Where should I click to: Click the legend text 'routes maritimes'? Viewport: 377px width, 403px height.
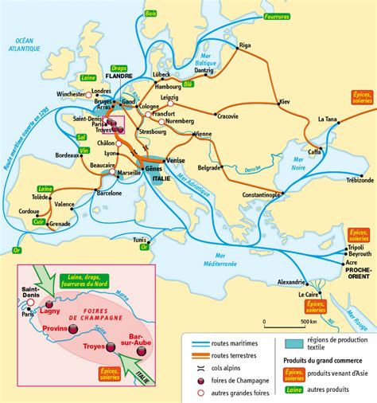(231, 341)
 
